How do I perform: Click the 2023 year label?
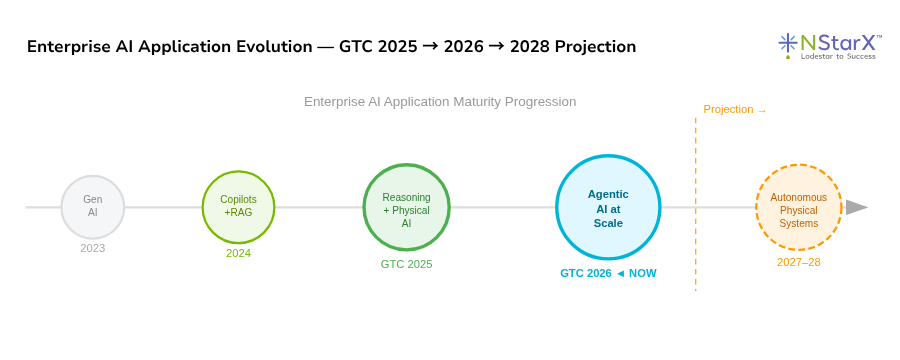(92, 249)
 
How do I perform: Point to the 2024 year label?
(238, 253)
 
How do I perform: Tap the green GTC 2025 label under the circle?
(406, 265)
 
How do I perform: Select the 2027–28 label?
(798, 262)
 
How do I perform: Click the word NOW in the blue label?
(643, 273)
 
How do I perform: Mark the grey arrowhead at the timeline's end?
(857, 207)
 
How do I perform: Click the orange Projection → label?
(735, 110)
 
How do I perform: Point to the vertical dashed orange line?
(696, 204)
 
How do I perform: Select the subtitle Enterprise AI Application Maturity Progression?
(440, 102)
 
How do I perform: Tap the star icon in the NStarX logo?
(788, 44)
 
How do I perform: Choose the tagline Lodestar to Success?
(838, 56)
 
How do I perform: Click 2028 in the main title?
(530, 47)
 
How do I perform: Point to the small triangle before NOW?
(620, 273)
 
